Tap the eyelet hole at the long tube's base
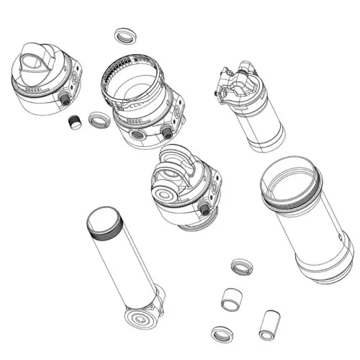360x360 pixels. pyautogui.click(x=139, y=320)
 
